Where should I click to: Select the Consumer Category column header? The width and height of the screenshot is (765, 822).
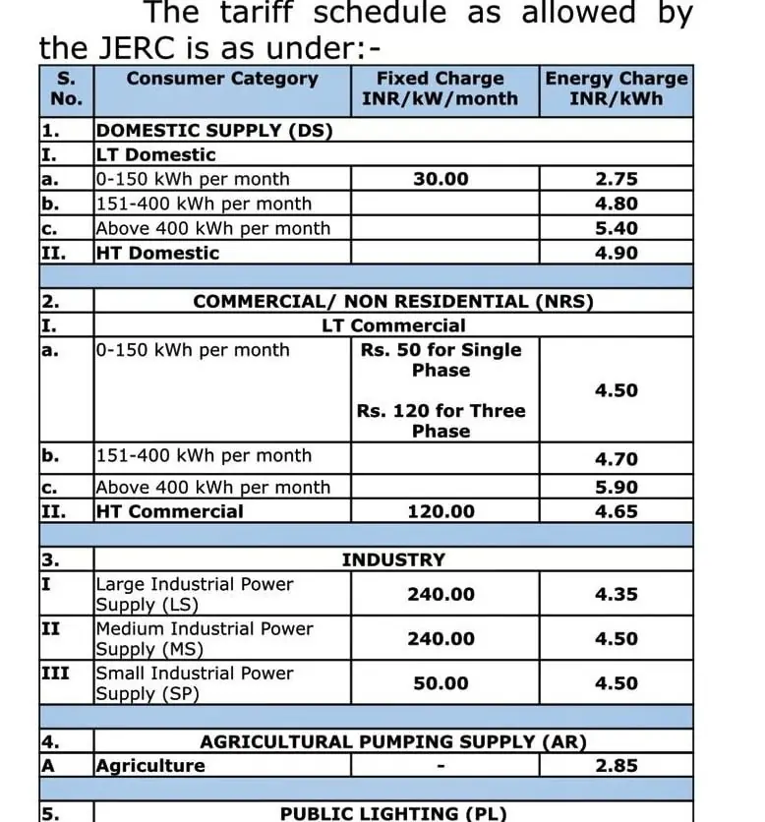tap(222, 79)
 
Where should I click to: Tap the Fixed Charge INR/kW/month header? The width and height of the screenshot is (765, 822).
tap(440, 88)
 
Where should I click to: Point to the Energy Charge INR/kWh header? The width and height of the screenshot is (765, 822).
tap(617, 88)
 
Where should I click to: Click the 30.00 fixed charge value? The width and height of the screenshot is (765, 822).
tap(441, 179)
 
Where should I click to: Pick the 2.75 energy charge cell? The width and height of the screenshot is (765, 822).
tap(617, 179)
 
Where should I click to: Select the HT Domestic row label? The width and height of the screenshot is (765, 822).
tap(157, 253)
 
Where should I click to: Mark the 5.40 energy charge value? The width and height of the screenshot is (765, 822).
tap(617, 228)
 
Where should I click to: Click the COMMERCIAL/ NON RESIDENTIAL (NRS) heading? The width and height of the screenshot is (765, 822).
tap(393, 302)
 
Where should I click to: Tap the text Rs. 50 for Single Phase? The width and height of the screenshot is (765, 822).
tap(441, 360)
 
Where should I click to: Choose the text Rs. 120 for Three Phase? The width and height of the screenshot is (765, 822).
tap(441, 421)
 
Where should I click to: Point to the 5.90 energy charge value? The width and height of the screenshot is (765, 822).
tap(617, 487)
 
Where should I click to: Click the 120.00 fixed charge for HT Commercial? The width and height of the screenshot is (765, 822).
tap(441, 511)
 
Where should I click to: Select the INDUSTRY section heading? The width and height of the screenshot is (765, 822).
tap(393, 559)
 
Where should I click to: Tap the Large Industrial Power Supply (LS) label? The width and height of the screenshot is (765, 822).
tap(194, 594)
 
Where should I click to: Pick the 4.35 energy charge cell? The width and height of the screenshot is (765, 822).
tap(617, 594)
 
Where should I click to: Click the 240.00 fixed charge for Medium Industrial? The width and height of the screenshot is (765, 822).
tap(441, 639)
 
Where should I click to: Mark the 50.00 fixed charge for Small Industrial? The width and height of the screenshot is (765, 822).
tap(441, 683)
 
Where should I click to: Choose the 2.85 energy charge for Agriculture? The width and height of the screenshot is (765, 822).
tap(617, 765)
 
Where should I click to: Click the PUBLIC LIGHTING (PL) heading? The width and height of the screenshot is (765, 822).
tap(393, 813)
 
